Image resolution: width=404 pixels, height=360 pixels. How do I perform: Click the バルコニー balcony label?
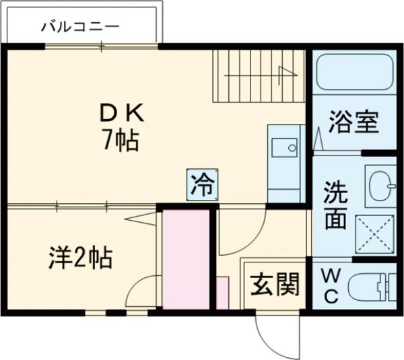click(x=80, y=27)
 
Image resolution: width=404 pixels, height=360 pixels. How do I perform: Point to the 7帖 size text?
click(x=121, y=141)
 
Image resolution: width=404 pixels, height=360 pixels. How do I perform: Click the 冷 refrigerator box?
click(x=203, y=184)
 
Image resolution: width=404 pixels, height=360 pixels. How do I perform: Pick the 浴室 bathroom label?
click(x=353, y=124)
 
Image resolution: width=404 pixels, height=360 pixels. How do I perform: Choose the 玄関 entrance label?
click(x=275, y=286)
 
